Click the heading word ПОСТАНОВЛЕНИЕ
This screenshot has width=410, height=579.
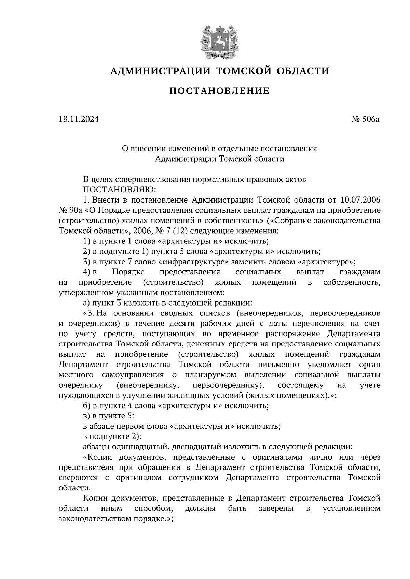pyautogui.click(x=219, y=91)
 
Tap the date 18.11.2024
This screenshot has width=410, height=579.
pyautogui.click(x=79, y=119)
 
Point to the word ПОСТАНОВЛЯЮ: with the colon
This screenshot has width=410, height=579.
pyautogui.click(x=119, y=189)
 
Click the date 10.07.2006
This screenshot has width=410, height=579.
pyautogui.click(x=360, y=199)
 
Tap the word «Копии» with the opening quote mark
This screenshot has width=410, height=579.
pyautogui.click(x=99, y=457)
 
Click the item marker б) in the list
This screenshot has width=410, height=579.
pyautogui.click(x=86, y=406)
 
